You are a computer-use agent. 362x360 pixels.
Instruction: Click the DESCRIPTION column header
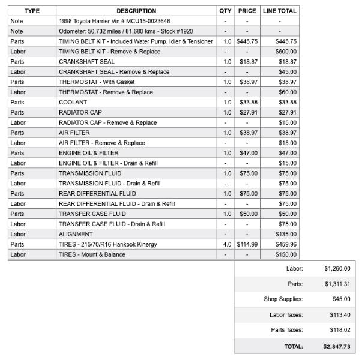[x=136, y=11]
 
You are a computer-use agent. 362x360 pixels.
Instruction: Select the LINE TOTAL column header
[x=279, y=11]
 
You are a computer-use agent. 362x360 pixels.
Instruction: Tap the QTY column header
[x=225, y=11]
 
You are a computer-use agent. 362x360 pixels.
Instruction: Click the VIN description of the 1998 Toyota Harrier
[x=106, y=21]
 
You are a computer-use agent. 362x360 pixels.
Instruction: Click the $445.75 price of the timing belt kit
[x=247, y=41]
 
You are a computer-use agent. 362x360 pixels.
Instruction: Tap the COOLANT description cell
[x=73, y=102]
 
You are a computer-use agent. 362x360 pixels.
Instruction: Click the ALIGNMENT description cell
[x=76, y=234]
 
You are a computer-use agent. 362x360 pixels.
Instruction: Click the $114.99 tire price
[x=247, y=244]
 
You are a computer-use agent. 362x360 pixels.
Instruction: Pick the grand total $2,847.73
[x=336, y=346]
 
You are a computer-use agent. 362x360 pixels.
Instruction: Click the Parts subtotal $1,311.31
[x=337, y=284]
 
